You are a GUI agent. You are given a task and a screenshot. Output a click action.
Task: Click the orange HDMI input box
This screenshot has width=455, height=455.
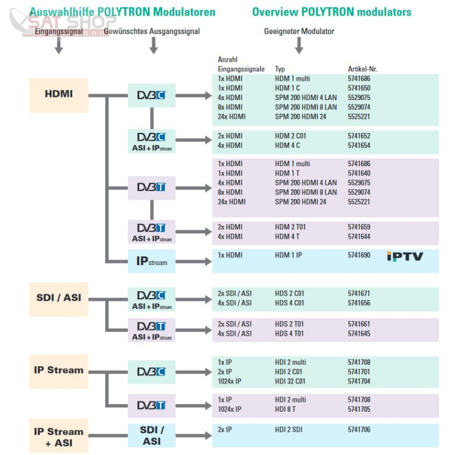(59, 95)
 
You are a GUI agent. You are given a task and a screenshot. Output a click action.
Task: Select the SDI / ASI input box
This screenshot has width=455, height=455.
(59, 299)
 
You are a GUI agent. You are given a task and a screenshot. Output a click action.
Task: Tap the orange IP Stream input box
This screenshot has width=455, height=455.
(59, 371)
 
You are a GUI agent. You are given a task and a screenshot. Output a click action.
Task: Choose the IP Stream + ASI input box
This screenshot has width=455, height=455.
(59, 436)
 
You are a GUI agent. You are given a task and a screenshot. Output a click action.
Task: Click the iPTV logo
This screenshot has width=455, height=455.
(405, 257)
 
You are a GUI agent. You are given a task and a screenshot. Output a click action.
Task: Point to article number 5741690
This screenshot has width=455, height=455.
(359, 255)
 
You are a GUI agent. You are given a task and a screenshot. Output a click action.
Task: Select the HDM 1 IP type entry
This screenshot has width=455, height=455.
(288, 255)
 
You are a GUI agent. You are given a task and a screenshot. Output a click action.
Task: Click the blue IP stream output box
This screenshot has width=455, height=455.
(151, 261)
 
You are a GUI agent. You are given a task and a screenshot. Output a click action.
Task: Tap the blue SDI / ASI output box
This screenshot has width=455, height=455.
(151, 436)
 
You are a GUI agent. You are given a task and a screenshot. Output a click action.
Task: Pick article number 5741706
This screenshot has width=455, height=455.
(359, 429)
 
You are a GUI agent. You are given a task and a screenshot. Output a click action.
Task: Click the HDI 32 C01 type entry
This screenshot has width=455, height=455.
(290, 381)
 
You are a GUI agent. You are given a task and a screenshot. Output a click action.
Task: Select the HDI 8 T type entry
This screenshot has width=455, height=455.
(286, 409)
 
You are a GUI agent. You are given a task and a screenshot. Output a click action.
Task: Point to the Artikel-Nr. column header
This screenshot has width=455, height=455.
(362, 69)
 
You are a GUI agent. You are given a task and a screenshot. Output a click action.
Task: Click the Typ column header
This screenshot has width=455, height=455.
(280, 69)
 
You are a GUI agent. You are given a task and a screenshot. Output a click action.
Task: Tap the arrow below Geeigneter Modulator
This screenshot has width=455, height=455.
(299, 45)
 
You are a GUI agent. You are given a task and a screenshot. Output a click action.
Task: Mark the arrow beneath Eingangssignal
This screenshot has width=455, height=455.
(59, 45)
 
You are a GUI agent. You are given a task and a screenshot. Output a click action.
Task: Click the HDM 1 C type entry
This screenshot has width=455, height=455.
(287, 88)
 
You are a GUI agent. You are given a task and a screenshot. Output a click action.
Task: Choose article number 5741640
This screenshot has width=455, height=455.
(359, 173)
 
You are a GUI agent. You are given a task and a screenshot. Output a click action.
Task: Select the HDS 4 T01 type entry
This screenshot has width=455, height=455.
(289, 333)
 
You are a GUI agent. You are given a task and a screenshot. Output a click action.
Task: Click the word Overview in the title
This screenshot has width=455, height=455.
(275, 12)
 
